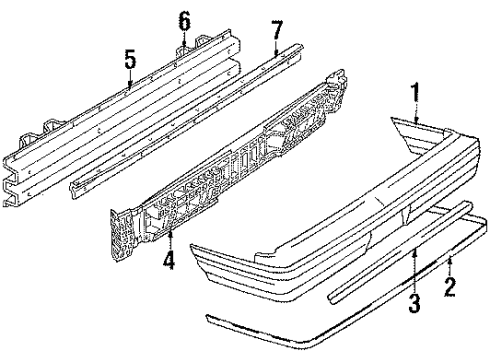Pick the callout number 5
tap(130, 59)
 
